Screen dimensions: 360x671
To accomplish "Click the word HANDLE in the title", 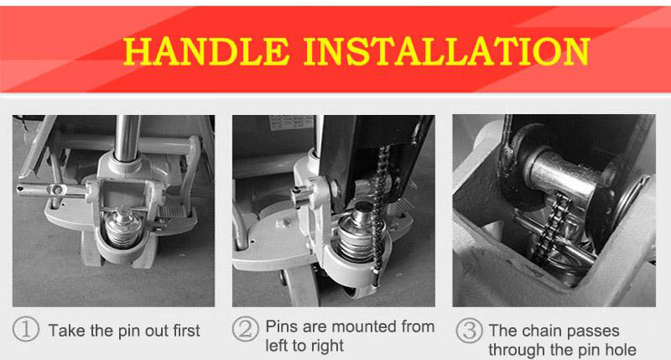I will [x=207, y=51].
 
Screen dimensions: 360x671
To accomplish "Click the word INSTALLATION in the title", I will [x=445, y=51].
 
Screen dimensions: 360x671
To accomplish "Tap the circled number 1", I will [x=29, y=330].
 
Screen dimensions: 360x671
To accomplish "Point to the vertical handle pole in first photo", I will [x=127, y=134].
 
